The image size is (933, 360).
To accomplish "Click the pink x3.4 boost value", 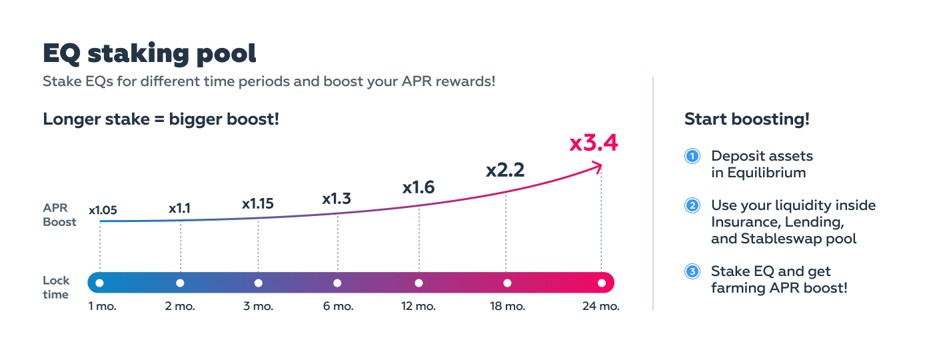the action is [594, 143].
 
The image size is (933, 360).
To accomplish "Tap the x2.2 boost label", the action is [505, 170].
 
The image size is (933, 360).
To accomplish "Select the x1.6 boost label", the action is [419, 187].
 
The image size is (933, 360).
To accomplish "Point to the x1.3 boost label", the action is [337, 199].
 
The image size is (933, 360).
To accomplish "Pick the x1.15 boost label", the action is [258, 204].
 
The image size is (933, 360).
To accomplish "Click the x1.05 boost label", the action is [103, 210].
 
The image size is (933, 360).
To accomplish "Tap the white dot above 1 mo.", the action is [99, 283].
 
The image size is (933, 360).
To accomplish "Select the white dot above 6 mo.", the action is [337, 283].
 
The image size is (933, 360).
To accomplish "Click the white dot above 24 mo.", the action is [602, 283].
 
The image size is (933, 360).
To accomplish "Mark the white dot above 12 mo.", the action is [419, 283].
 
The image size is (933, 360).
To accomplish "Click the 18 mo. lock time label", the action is [507, 306].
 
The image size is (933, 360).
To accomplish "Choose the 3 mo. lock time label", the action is [259, 306].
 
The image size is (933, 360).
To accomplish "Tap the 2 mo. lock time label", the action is [180, 306].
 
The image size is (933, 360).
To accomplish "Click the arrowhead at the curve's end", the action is [599, 167].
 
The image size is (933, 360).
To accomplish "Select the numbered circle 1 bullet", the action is [692, 156].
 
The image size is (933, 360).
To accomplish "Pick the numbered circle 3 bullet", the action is [692, 272].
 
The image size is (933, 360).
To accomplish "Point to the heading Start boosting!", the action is [747, 119].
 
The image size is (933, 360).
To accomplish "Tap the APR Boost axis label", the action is [59, 215].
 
